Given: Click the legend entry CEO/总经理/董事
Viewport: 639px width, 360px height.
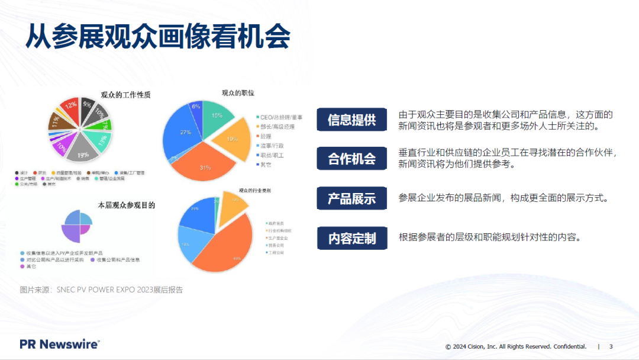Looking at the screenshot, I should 281,117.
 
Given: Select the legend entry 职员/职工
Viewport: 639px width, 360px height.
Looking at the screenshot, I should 273,155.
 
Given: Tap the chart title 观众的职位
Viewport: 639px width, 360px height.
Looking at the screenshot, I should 238,93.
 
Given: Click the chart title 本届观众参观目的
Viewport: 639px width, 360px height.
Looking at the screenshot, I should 126,205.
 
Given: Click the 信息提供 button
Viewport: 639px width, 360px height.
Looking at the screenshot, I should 352,120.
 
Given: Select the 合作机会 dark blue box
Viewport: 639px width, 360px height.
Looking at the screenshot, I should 352,159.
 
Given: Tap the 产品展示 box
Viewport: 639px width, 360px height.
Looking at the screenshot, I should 352,198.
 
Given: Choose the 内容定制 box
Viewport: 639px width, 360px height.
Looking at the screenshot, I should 352,238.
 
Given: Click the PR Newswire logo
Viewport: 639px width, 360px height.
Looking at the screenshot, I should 59,344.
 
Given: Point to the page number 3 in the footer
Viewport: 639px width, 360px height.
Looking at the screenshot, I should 611,346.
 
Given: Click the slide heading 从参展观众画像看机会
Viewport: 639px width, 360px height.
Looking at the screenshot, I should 157,37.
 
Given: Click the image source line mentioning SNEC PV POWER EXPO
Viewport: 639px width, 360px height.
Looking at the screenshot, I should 101,290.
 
